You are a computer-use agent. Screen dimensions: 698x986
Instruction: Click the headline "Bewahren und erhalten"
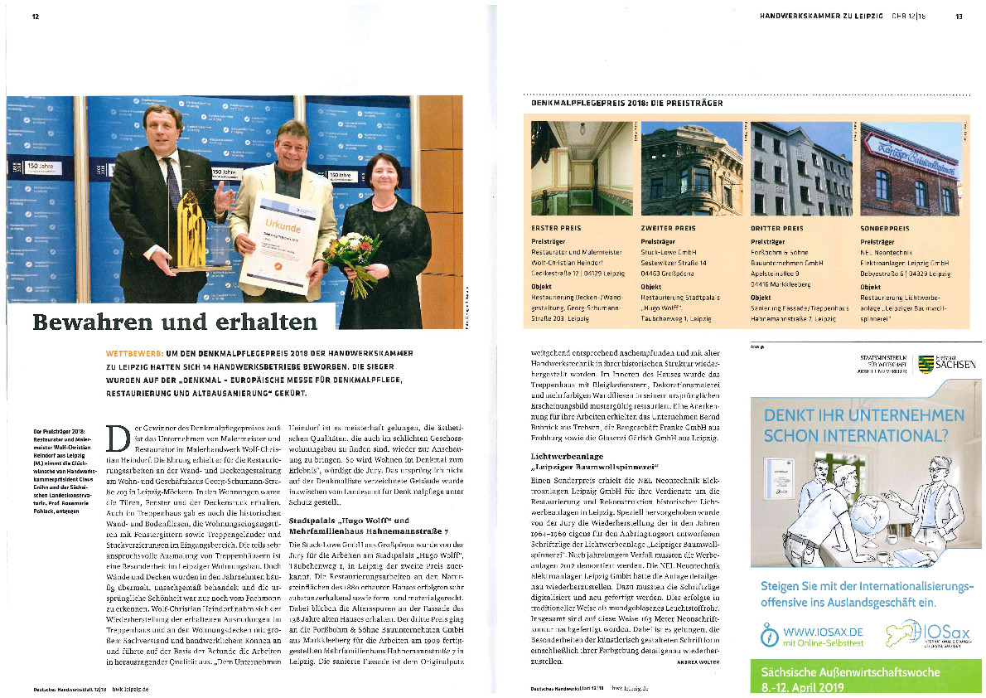pyautogui.click(x=175, y=322)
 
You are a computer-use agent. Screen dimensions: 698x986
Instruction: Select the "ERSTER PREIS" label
pyautogui.click(x=555, y=227)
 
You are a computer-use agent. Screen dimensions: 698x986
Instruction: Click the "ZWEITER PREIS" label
pyautogui.click(x=668, y=227)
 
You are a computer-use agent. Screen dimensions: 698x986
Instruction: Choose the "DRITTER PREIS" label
pyautogui.click(x=776, y=227)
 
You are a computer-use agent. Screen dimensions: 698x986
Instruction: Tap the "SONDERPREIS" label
pyautogui.click(x=885, y=227)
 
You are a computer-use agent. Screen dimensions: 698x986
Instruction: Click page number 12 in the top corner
pyautogui.click(x=36, y=16)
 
